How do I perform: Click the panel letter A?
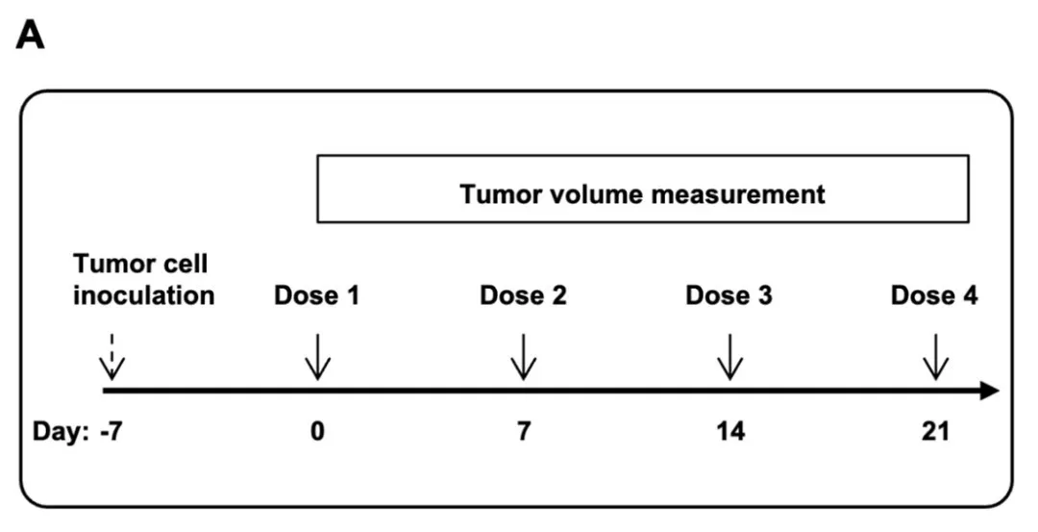coord(30,36)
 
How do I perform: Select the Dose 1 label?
coord(317,295)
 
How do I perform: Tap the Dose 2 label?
coord(523,295)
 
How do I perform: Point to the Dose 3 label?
coord(729,295)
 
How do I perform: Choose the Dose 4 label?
coord(934,295)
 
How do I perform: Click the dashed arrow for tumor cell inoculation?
coord(111,357)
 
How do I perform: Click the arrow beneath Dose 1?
coord(318,357)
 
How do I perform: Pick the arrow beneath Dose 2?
coord(524,357)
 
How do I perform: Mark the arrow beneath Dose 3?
coord(730,357)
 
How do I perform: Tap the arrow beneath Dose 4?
coord(935,357)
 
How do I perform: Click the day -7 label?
coord(111,432)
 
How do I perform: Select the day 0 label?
coord(318,432)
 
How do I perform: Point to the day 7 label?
coord(524,432)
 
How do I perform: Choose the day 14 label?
coord(730,432)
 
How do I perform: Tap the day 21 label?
coord(935,432)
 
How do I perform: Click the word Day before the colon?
coord(56,433)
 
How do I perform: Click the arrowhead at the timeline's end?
coord(989,391)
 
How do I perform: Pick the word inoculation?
coord(143,295)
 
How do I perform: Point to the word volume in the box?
coord(596,194)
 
